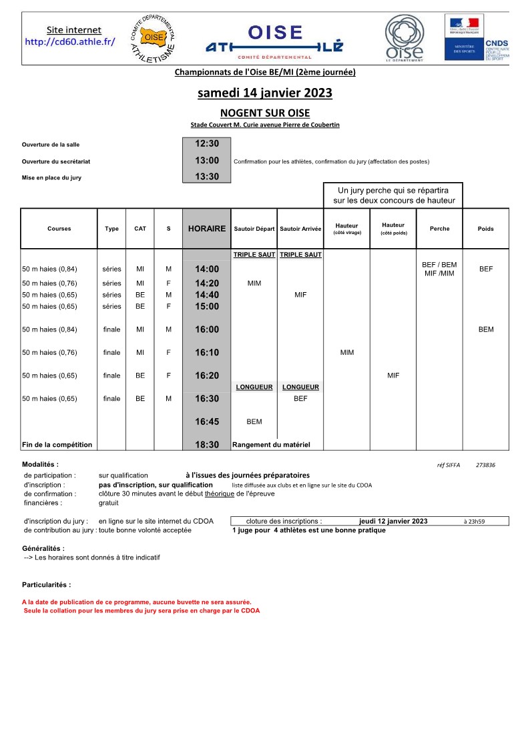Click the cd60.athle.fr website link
[x=70, y=41]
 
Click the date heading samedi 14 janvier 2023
[x=264, y=93]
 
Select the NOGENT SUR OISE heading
[x=264, y=113]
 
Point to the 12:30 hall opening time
[x=207, y=143]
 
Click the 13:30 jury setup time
[x=207, y=177]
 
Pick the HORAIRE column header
[x=207, y=229]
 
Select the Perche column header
[x=439, y=229]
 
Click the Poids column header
[x=486, y=229]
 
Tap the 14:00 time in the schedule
[x=207, y=269]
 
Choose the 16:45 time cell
[x=207, y=422]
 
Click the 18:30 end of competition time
[x=207, y=444]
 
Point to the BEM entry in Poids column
[x=486, y=329]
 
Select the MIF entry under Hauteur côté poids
[x=393, y=376]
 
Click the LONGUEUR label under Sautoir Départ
[x=254, y=387]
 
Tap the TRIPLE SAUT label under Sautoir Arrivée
[x=300, y=255]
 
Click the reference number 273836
[x=485, y=466]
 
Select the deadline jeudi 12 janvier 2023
[x=393, y=521]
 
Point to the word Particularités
[x=46, y=584]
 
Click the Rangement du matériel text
[x=271, y=444]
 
